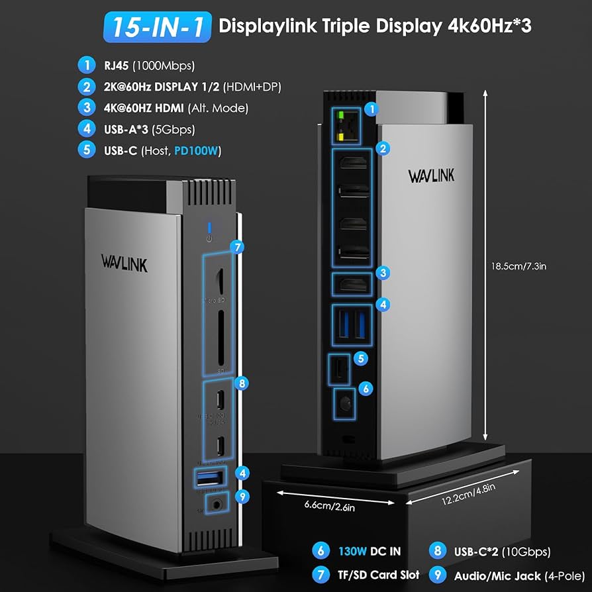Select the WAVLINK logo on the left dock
point(124,262)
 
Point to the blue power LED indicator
point(209,228)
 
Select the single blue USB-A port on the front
point(211,477)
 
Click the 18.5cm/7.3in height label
point(536,266)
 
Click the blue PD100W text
point(197,151)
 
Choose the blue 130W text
point(354,551)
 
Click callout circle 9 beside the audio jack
point(244,495)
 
